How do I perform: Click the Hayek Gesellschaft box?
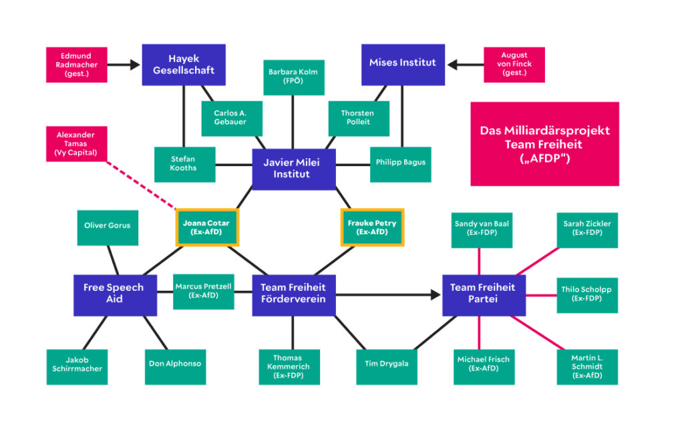pyautogui.click(x=183, y=65)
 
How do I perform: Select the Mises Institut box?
pyautogui.click(x=402, y=64)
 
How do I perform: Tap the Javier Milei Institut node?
pyautogui.click(x=293, y=169)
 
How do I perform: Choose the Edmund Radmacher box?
pyautogui.click(x=76, y=65)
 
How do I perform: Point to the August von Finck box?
pyautogui.click(x=514, y=65)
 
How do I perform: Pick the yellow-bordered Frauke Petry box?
pyautogui.click(x=371, y=228)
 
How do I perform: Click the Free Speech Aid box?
pyautogui.click(x=114, y=294)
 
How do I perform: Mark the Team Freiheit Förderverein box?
pyautogui.click(x=293, y=294)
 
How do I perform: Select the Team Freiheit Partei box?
pyautogui.click(x=483, y=294)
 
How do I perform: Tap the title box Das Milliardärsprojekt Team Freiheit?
pyautogui.click(x=544, y=143)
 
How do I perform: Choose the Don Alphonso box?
pyautogui.click(x=175, y=364)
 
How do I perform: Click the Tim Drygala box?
pyautogui.click(x=387, y=364)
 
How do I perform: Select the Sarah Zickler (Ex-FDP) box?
pyautogui.click(x=587, y=229)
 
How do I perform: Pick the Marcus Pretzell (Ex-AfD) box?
pyautogui.click(x=203, y=291)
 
